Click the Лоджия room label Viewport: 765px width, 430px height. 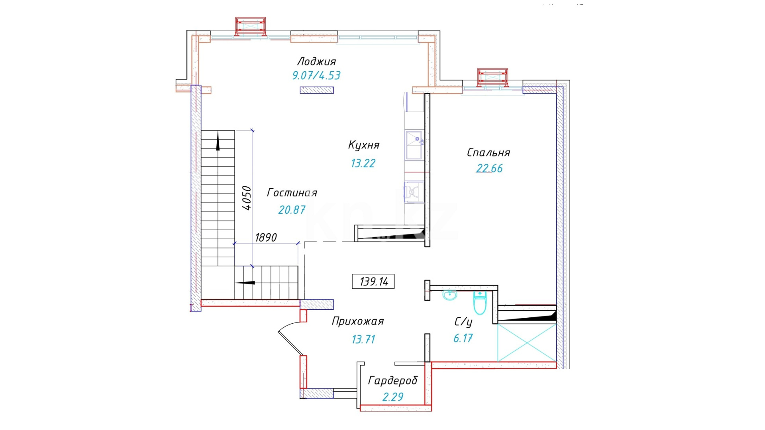[x=316, y=62]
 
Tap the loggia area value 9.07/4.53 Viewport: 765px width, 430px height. [x=316, y=75]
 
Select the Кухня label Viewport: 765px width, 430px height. [x=364, y=145]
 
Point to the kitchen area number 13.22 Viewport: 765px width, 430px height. [x=363, y=163]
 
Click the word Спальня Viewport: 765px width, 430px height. [x=488, y=152]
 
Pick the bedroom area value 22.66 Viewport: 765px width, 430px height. [x=489, y=168]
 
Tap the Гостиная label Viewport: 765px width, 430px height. [x=292, y=193]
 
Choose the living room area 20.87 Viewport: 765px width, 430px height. [x=292, y=210]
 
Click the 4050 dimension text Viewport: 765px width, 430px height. [x=247, y=198]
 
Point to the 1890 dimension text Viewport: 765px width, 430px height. [x=266, y=238]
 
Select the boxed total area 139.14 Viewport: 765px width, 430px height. [x=373, y=281]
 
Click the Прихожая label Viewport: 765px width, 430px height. [x=358, y=321]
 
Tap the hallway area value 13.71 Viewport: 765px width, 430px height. [x=363, y=339]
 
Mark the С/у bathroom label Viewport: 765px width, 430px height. [x=463, y=322]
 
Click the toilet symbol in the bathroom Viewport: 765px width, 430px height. [x=480, y=303]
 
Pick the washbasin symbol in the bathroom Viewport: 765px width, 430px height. [x=450, y=295]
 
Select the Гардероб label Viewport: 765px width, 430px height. [x=393, y=381]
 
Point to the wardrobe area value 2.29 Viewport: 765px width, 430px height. [x=393, y=397]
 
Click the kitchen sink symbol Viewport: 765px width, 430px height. [x=414, y=145]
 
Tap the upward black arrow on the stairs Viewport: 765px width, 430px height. [x=218, y=142]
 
